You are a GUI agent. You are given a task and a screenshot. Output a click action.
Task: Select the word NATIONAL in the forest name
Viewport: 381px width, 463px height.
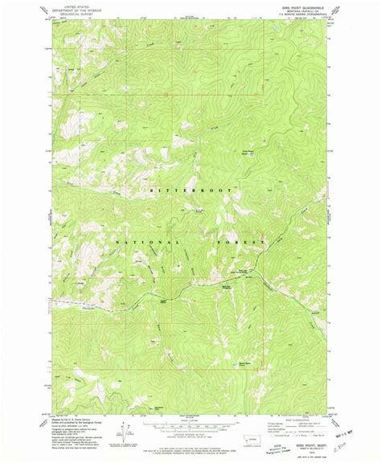pos(141,241)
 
